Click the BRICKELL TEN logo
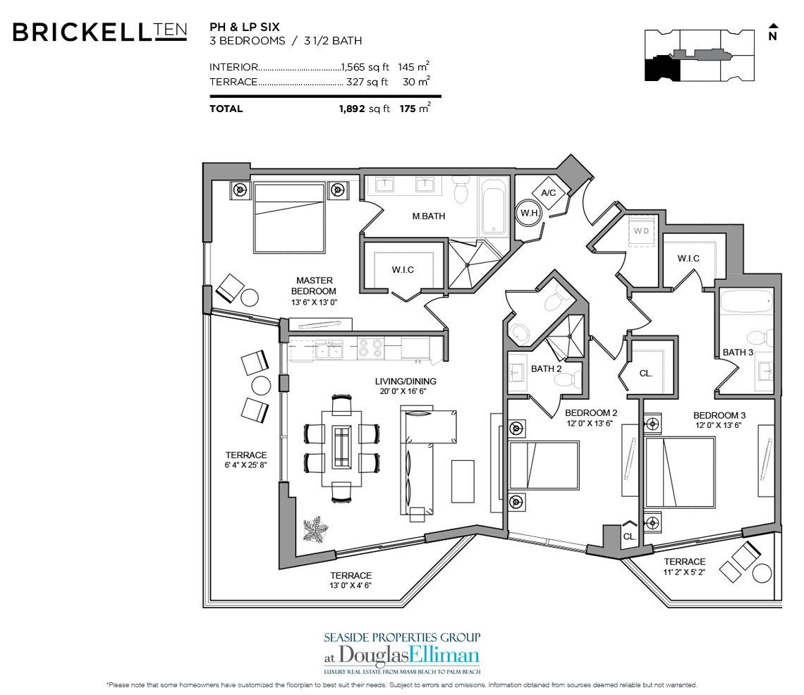(x=99, y=32)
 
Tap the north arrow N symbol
(x=772, y=33)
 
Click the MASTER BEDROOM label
(x=315, y=285)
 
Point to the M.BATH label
(x=428, y=216)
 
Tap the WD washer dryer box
(x=641, y=230)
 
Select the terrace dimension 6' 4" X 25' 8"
(x=246, y=460)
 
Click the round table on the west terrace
(x=261, y=386)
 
